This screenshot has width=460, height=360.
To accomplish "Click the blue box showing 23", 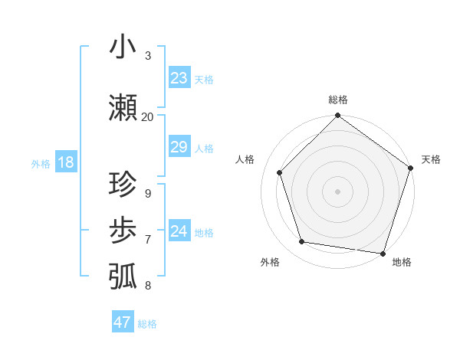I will [x=179, y=78].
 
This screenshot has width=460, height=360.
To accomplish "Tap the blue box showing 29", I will [x=179, y=147].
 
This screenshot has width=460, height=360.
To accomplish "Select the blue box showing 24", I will [x=179, y=231].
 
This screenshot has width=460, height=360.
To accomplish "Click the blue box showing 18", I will [x=65, y=162].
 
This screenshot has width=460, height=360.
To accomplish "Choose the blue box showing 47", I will [x=123, y=322].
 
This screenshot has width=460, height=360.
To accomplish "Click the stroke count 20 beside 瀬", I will [x=147, y=116].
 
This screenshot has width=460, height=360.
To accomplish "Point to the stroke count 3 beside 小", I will [x=148, y=55].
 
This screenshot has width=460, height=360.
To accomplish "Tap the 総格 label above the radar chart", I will [x=337, y=100].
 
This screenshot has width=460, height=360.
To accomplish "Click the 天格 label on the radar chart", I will [x=431, y=159].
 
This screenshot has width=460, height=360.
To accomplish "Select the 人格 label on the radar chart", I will [x=245, y=159].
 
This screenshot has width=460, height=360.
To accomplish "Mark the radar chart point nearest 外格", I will [x=302, y=242].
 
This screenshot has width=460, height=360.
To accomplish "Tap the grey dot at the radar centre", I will [x=337, y=191].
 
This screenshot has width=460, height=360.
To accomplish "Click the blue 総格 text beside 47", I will [x=147, y=324].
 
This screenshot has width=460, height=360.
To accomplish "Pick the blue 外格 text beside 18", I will [x=41, y=163].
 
